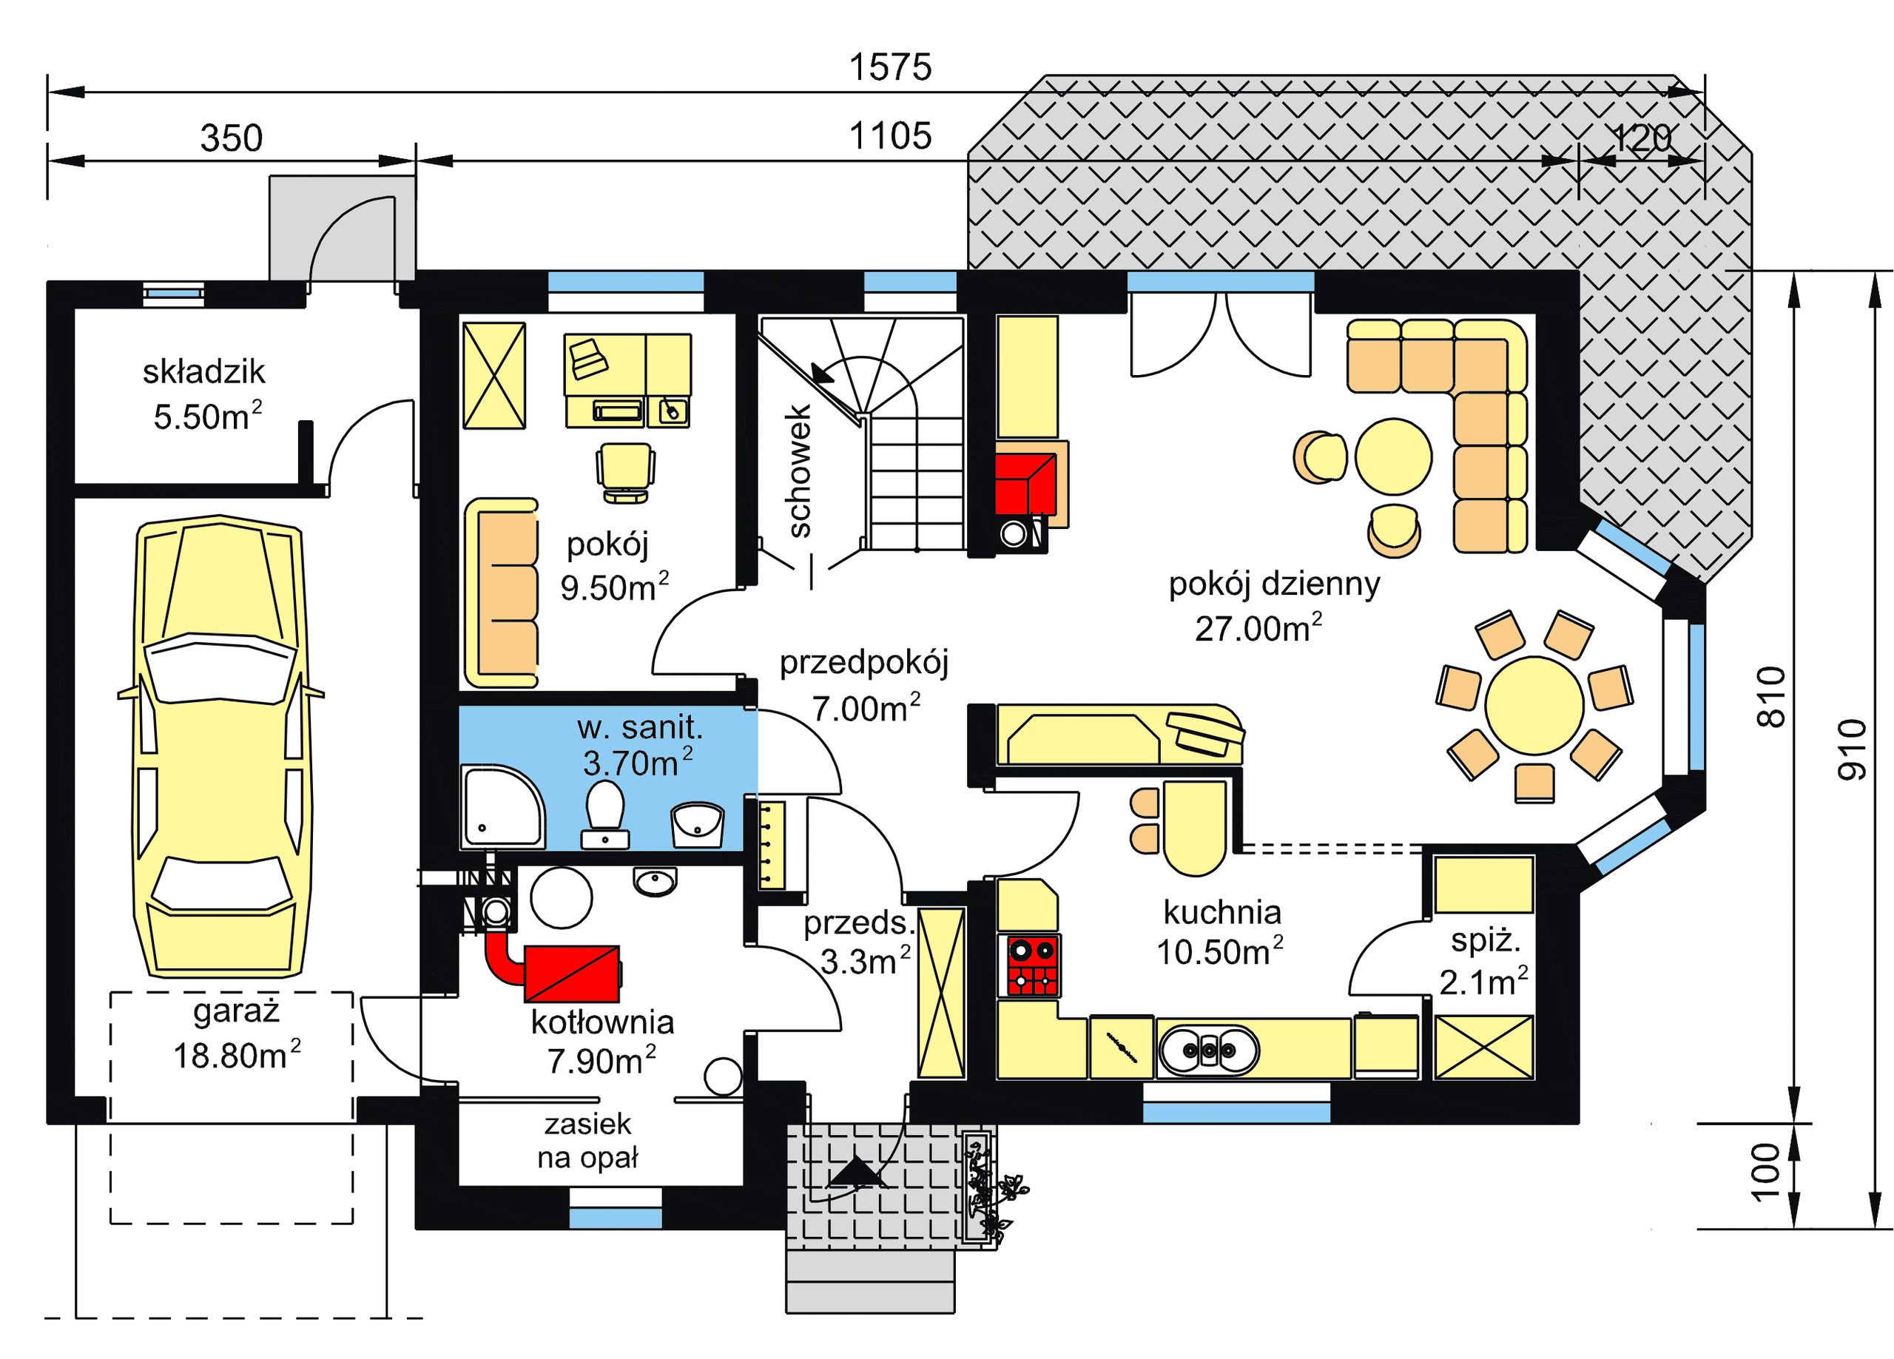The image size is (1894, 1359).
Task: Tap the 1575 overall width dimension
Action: pos(890,67)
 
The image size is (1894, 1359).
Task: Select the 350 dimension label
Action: pos(232,138)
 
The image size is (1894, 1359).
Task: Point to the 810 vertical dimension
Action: pos(1771,697)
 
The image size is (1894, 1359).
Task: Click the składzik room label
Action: pos(203,371)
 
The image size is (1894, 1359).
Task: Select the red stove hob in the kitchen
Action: pos(1034,966)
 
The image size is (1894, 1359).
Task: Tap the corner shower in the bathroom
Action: pos(504,808)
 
